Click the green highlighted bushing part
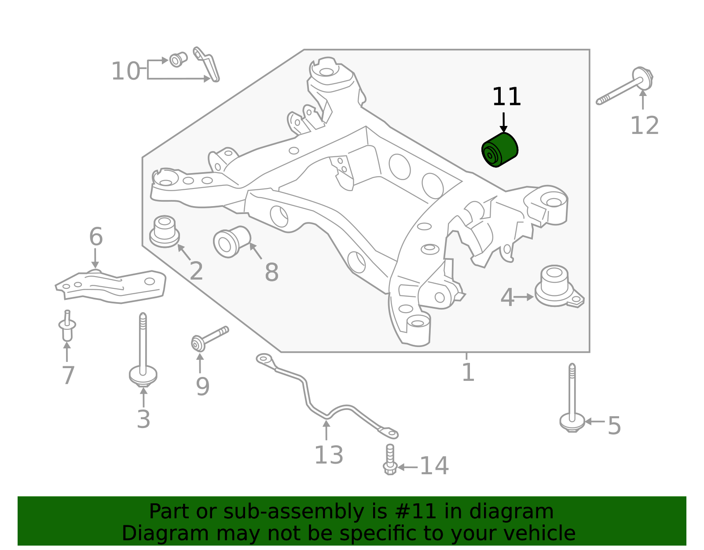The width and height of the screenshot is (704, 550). pyautogui.click(x=500, y=150)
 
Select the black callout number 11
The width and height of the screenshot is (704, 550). pyautogui.click(x=506, y=97)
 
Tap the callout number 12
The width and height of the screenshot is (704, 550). pyautogui.click(x=645, y=126)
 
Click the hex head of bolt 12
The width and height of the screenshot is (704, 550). pyautogui.click(x=643, y=77)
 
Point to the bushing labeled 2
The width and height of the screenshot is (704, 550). pyautogui.click(x=165, y=232)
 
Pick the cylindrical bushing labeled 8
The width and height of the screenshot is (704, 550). pyautogui.click(x=231, y=242)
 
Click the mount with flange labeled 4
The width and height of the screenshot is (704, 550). pyautogui.click(x=555, y=286)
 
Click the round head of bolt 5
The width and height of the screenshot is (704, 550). pyautogui.click(x=572, y=422)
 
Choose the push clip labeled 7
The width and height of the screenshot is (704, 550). pyautogui.click(x=67, y=327)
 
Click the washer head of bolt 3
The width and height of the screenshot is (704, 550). pyautogui.click(x=143, y=375)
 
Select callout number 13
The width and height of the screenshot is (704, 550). pyautogui.click(x=329, y=455)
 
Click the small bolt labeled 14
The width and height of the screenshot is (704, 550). pyautogui.click(x=390, y=460)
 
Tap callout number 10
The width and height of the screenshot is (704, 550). pyautogui.click(x=125, y=71)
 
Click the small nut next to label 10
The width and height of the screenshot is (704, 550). pyautogui.click(x=177, y=59)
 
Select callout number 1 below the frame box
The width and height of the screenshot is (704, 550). pyautogui.click(x=468, y=373)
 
